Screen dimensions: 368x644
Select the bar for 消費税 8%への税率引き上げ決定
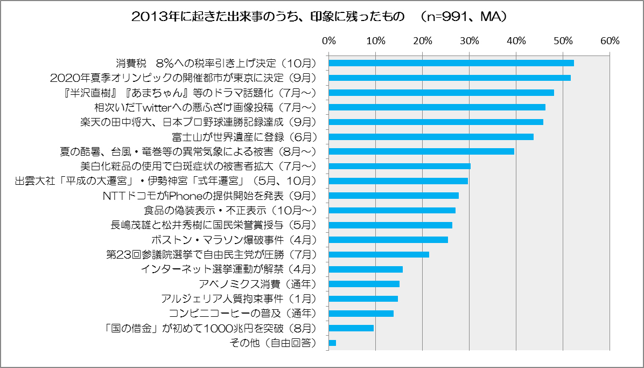coord(451,63)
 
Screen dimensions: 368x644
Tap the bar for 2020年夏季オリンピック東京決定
coord(450,78)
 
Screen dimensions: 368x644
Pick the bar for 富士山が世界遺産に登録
coord(431,137)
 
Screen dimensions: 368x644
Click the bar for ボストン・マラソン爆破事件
coord(388,240)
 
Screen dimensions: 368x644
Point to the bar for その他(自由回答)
coord(332,343)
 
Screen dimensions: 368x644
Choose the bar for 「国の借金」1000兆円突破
coord(351,328)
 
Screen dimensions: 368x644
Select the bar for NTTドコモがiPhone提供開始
coord(394,196)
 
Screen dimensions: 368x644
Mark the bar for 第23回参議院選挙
coord(379,254)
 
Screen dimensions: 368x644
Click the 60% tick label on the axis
coord(610,41)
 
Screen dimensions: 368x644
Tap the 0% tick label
coord(328,41)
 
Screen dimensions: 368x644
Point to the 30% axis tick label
coord(470,41)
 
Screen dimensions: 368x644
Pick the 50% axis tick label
coord(563,41)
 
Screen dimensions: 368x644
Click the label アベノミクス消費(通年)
coord(257,284)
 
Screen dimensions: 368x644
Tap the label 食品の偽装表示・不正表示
coord(229,210)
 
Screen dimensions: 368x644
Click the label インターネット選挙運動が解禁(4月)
coord(228,269)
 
